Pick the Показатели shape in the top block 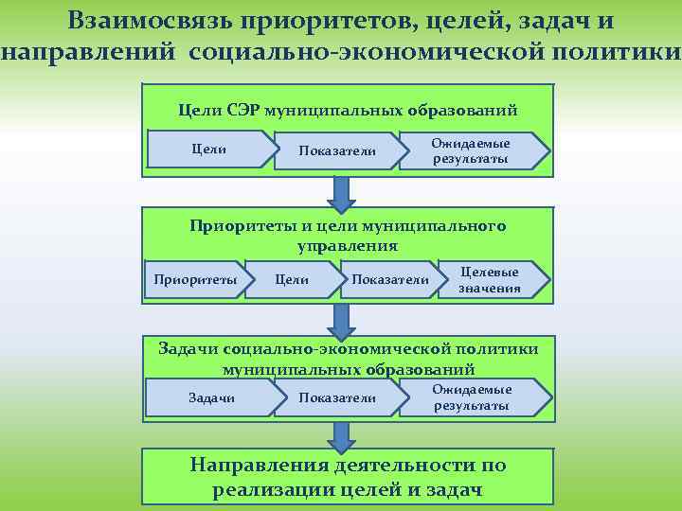click(x=336, y=151)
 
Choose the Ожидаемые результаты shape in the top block click(x=472, y=151)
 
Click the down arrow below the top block click(x=340, y=192)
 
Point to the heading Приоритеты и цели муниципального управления click(x=348, y=236)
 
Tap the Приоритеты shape click(x=195, y=279)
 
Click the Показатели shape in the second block click(x=389, y=279)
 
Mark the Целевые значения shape click(x=491, y=279)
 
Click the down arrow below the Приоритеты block click(x=340, y=319)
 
